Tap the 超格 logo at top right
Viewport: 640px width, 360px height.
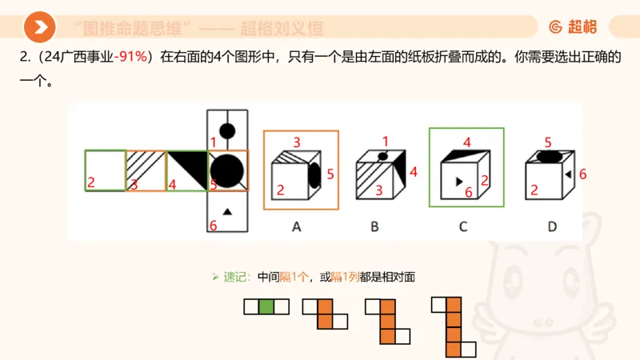tap(572, 27)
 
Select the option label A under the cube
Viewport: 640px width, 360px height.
tap(296, 226)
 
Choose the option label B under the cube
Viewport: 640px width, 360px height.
tap(374, 226)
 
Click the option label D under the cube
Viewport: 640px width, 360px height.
tap(552, 226)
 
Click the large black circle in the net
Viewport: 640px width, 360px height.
tap(227, 170)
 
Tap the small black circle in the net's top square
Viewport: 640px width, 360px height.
tap(227, 130)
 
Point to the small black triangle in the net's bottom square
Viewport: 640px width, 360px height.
tap(227, 211)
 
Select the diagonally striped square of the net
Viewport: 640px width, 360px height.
tap(146, 170)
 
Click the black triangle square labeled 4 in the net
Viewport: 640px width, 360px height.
tap(186, 170)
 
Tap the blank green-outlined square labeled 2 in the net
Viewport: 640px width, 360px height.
tap(106, 170)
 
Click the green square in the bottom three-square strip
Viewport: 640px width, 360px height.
tap(266, 306)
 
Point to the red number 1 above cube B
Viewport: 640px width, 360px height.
tap(385, 141)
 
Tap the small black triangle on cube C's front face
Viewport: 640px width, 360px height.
tap(458, 182)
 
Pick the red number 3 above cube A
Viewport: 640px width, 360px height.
tap(296, 142)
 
